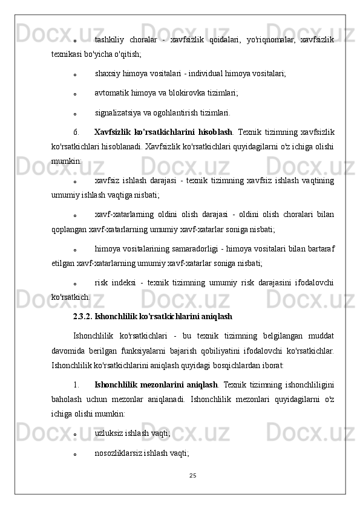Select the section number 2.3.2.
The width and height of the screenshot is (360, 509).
coord(83,316)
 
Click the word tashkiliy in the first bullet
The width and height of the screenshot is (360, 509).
coord(110,40)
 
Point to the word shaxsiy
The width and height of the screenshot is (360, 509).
coord(107,73)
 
